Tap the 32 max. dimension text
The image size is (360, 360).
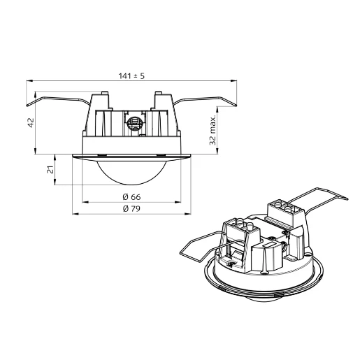tap(213, 131)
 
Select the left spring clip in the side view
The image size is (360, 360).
tap(56, 101)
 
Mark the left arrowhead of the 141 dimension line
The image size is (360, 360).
tap(29, 81)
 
